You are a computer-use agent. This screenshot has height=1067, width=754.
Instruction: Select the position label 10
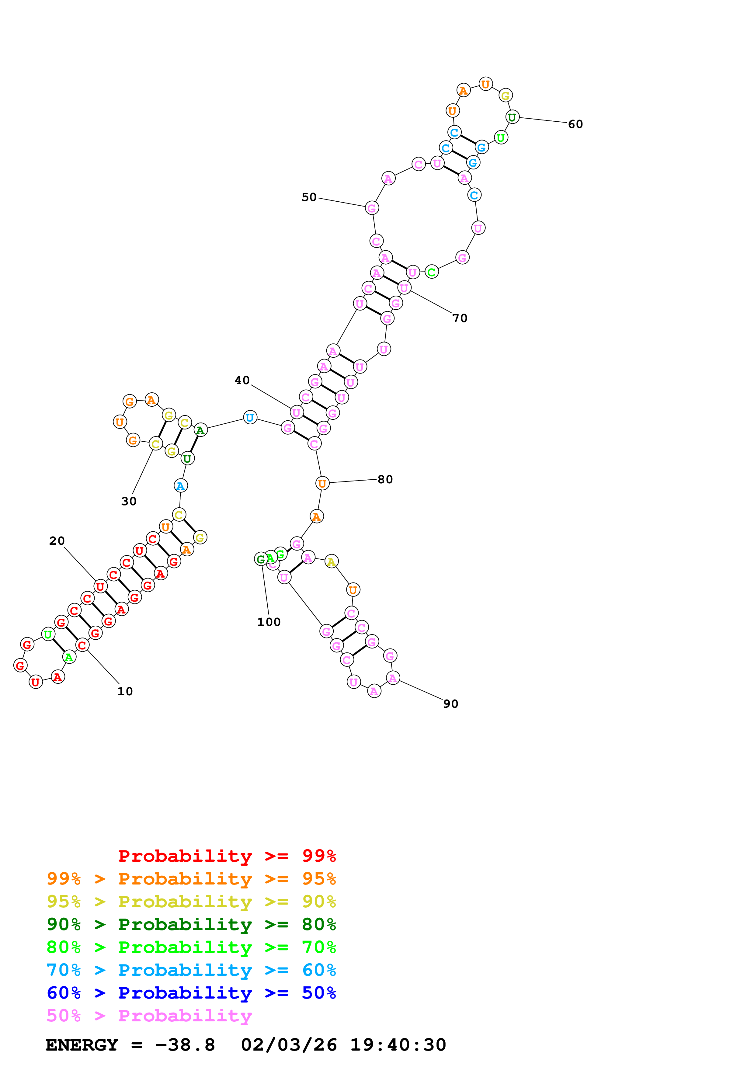tap(125, 691)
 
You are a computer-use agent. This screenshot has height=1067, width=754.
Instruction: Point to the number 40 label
tap(242, 380)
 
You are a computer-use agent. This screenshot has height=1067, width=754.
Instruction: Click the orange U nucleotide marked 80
tap(322, 483)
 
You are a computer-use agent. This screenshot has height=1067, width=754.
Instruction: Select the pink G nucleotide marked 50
tap(372, 208)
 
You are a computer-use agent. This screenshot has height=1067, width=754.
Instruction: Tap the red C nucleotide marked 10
tap(82, 645)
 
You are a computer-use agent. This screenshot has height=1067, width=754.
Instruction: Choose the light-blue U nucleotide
tap(250, 417)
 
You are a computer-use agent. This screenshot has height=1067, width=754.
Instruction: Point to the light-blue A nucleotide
tap(180, 486)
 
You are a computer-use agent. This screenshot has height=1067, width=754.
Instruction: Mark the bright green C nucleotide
tap(432, 272)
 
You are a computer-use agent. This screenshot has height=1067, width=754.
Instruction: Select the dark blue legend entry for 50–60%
tap(191, 993)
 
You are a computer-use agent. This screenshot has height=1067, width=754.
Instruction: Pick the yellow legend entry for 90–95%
tap(191, 902)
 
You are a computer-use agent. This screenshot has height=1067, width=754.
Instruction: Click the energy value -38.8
tap(185, 1045)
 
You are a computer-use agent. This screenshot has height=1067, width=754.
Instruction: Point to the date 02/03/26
tap(289, 1045)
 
